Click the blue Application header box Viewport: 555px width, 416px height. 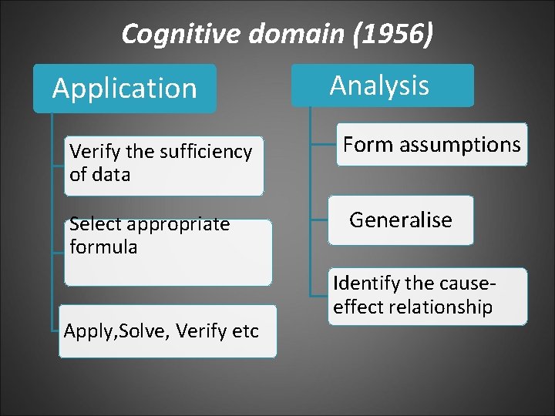125,89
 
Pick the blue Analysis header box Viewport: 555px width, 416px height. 380,85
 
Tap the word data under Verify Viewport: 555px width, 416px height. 110,174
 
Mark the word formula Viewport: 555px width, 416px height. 103,247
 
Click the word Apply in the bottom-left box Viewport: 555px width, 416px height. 84,331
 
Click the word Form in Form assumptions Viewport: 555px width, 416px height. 363,144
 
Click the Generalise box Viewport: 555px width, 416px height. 401,220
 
